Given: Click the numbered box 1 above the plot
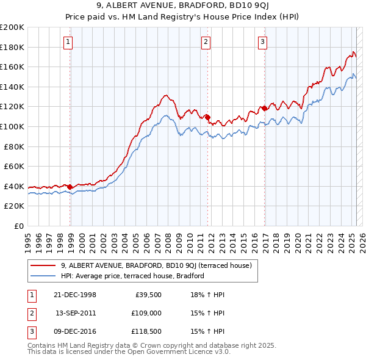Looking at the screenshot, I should (x=67, y=42).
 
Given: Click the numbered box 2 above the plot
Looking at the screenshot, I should (x=206, y=42).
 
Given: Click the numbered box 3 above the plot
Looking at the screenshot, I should (x=262, y=42).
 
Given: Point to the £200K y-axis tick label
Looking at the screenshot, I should (x=12, y=27).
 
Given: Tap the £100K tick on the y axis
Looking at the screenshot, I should (x=12, y=126).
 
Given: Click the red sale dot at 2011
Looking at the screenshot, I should (x=207, y=117).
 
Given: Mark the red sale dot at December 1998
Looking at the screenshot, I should (x=70, y=187).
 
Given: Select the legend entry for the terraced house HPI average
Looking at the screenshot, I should (x=132, y=276).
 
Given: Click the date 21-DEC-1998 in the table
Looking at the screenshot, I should (x=75, y=295).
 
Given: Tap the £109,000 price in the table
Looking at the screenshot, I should (x=147, y=313).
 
